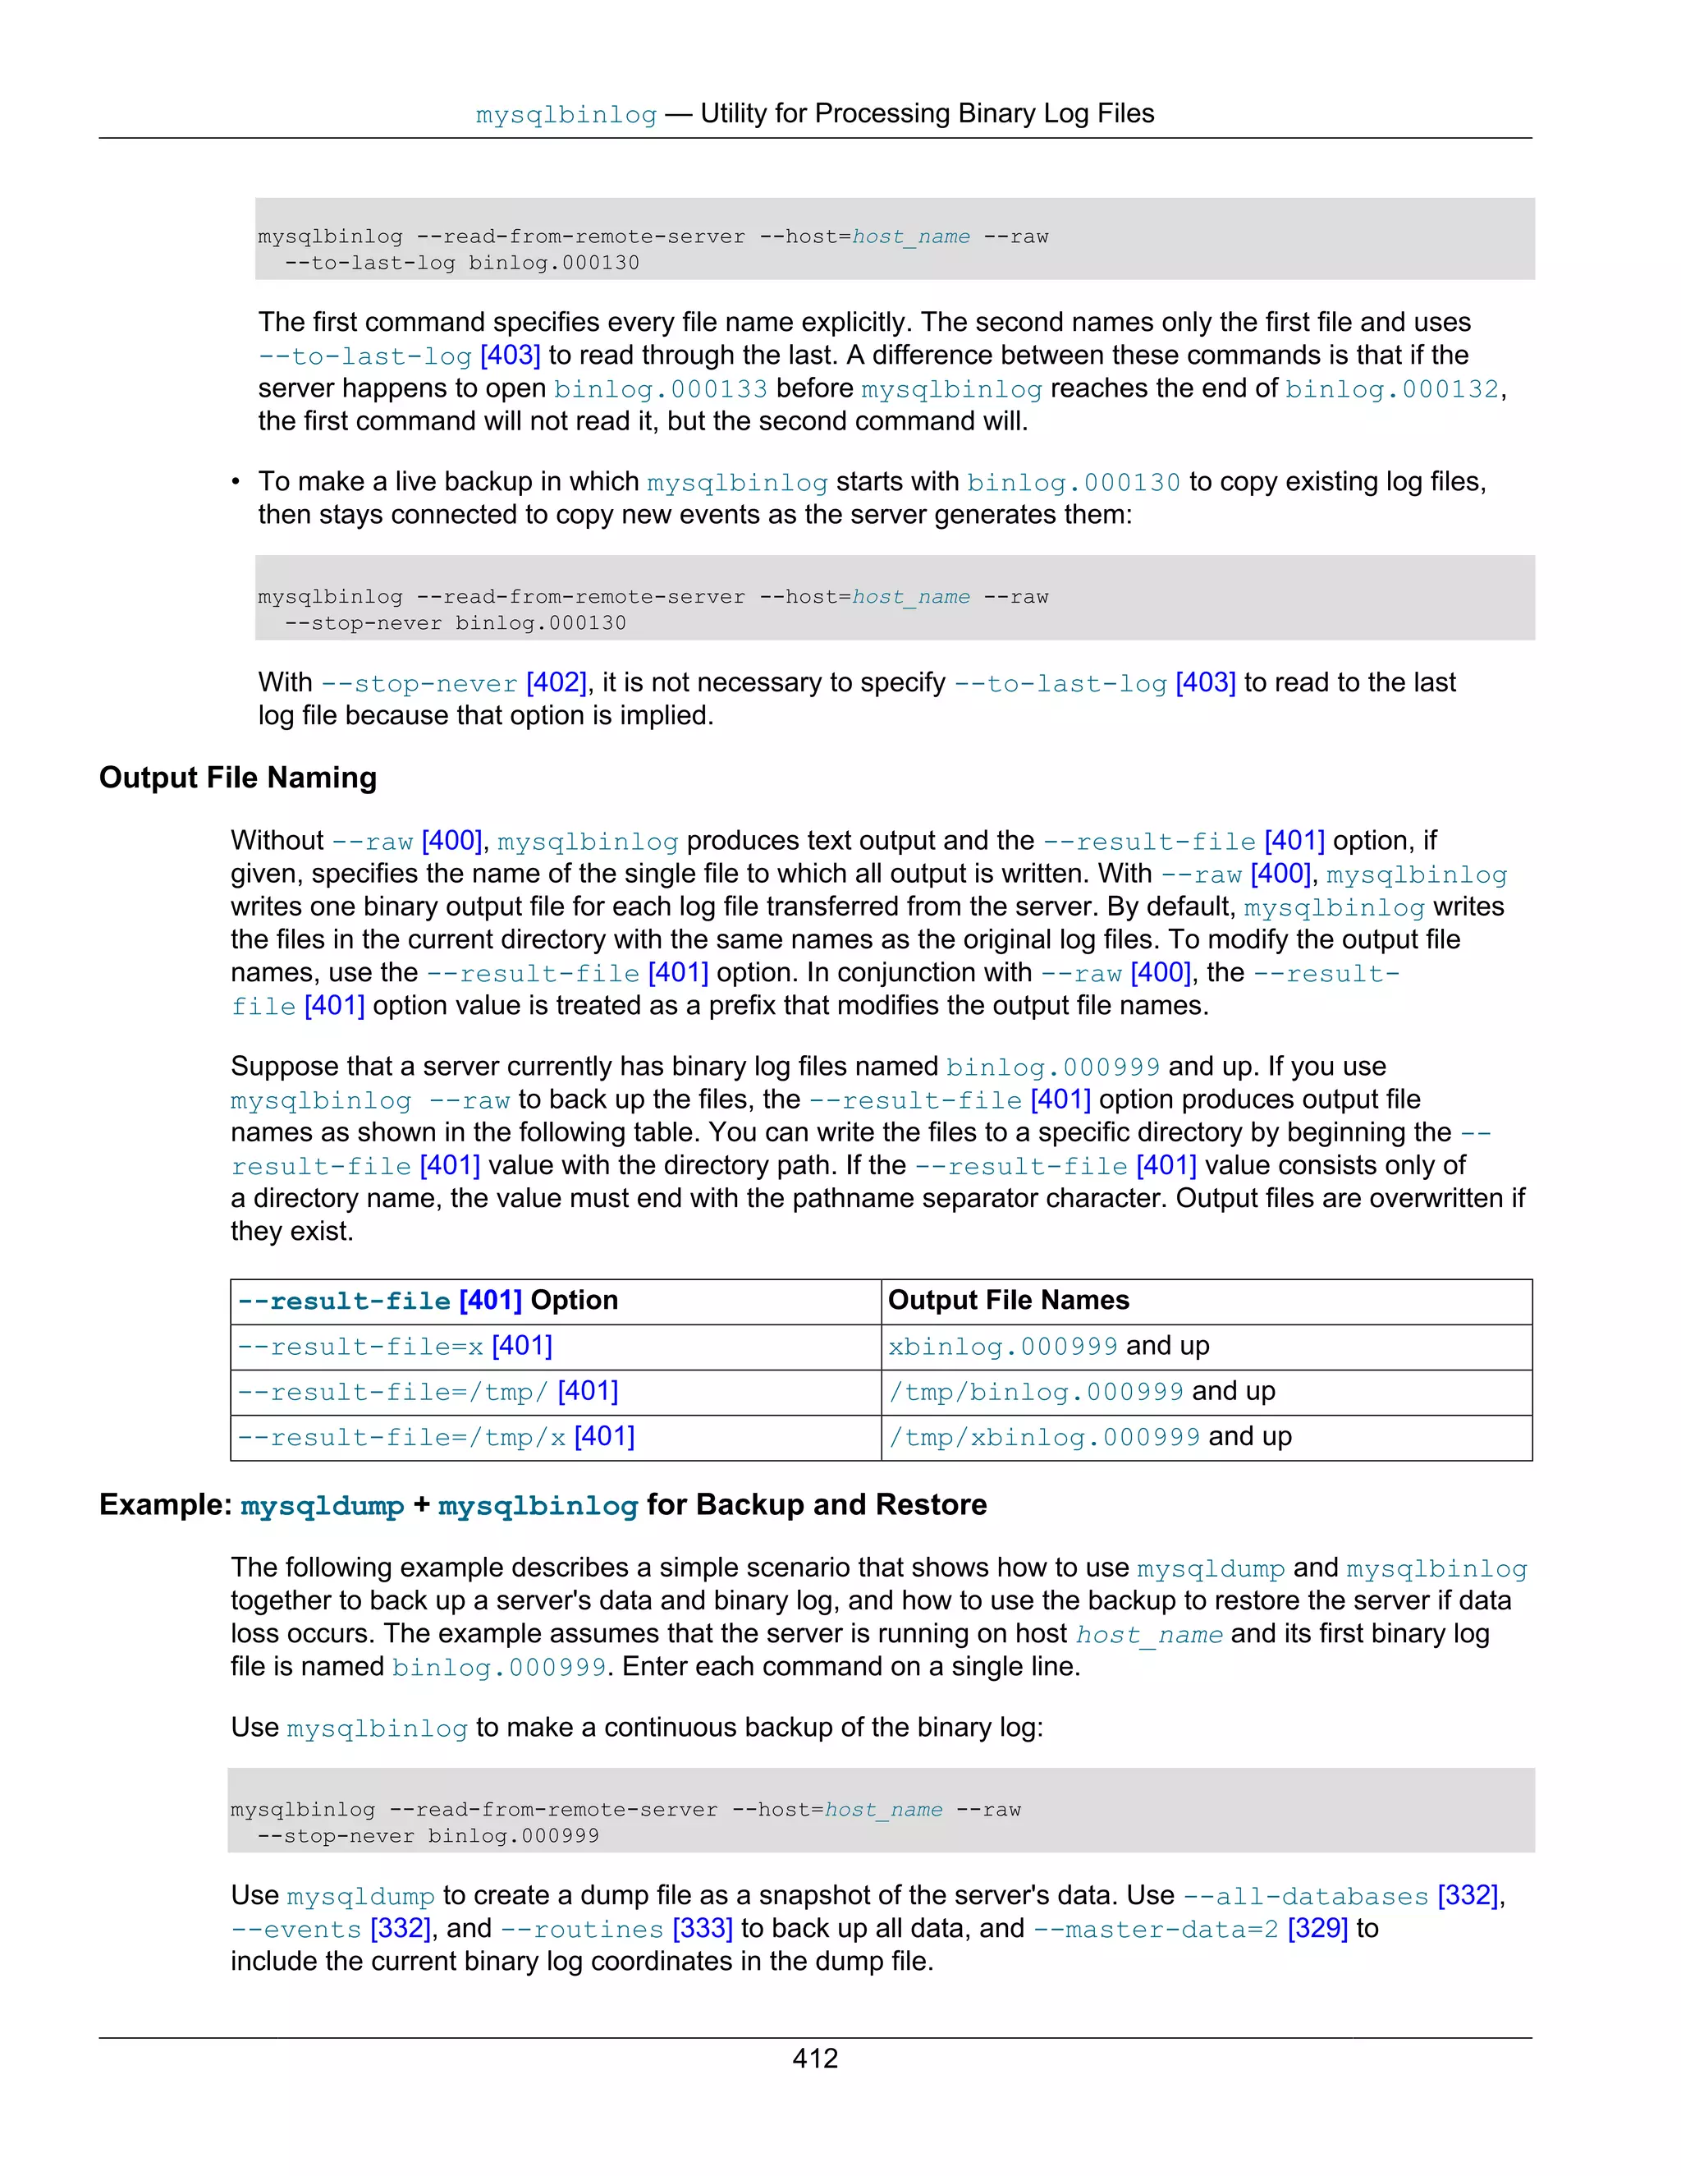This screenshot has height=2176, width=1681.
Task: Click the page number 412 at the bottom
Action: [x=814, y=2058]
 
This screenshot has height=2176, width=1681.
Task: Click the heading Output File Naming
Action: [x=238, y=777]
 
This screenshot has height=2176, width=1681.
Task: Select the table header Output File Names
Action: [x=1008, y=1300]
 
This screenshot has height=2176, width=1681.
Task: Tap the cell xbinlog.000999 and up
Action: [x=1047, y=1346]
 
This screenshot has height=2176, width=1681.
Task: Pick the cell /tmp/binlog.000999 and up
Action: [x=1080, y=1391]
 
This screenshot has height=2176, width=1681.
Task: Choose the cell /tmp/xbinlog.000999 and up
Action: [x=1089, y=1437]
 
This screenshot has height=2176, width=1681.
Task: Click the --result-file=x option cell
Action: [x=394, y=1346]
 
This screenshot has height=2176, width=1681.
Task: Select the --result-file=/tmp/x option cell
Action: [x=435, y=1437]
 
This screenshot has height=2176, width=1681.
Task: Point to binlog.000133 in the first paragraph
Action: [x=660, y=388]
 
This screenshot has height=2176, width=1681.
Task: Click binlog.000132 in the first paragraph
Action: [x=1391, y=388]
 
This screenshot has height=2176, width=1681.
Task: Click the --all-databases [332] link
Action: [x=1340, y=1895]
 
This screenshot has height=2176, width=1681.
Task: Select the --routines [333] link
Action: [x=616, y=1928]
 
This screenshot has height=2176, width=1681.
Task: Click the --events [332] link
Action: [x=331, y=1928]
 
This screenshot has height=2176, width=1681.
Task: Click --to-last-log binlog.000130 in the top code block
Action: [x=462, y=263]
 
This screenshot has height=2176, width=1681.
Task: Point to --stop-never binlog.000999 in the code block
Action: [x=428, y=1835]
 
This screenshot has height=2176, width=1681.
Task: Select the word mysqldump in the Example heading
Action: [x=322, y=1504]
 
